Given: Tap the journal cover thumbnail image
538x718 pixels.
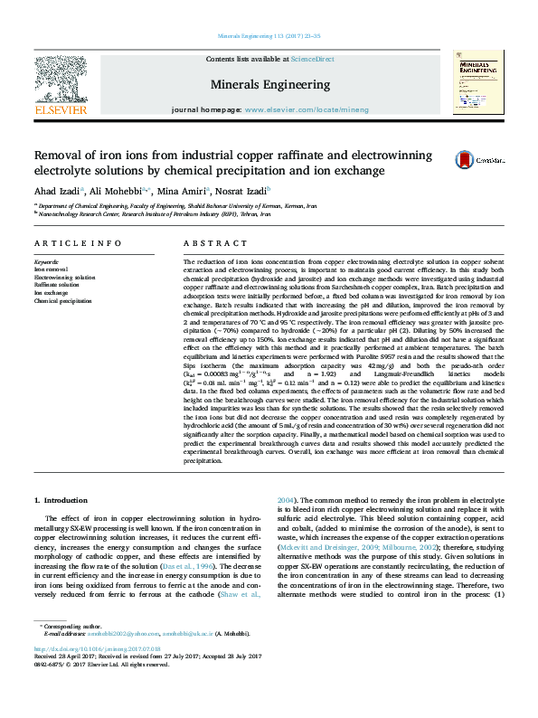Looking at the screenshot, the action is tap(478, 82).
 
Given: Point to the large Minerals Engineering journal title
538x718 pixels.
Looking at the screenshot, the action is tap(269, 84).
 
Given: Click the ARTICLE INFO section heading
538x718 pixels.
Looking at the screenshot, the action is tap(77, 244).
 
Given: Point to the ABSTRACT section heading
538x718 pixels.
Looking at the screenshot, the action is tap(211, 244).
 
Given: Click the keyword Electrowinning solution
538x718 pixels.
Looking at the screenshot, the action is tap(64, 278).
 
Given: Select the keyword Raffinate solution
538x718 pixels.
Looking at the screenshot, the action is tap(56, 285).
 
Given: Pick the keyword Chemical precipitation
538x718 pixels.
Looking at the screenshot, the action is tap(62, 300).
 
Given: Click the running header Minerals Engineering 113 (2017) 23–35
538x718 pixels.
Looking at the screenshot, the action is tap(269, 36).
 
